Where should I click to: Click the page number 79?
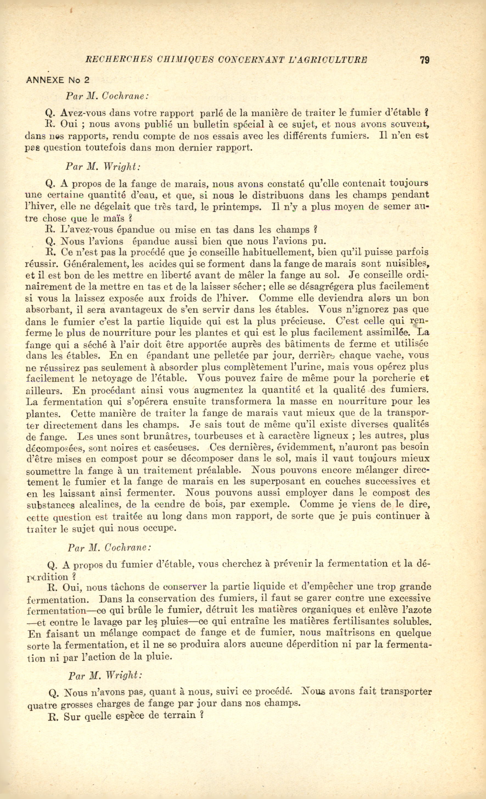pyautogui.click(x=425, y=60)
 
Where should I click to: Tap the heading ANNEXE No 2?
pyautogui.click(x=57, y=80)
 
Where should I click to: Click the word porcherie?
pyautogui.click(x=394, y=378)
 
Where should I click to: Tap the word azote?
pyautogui.click(x=418, y=610)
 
